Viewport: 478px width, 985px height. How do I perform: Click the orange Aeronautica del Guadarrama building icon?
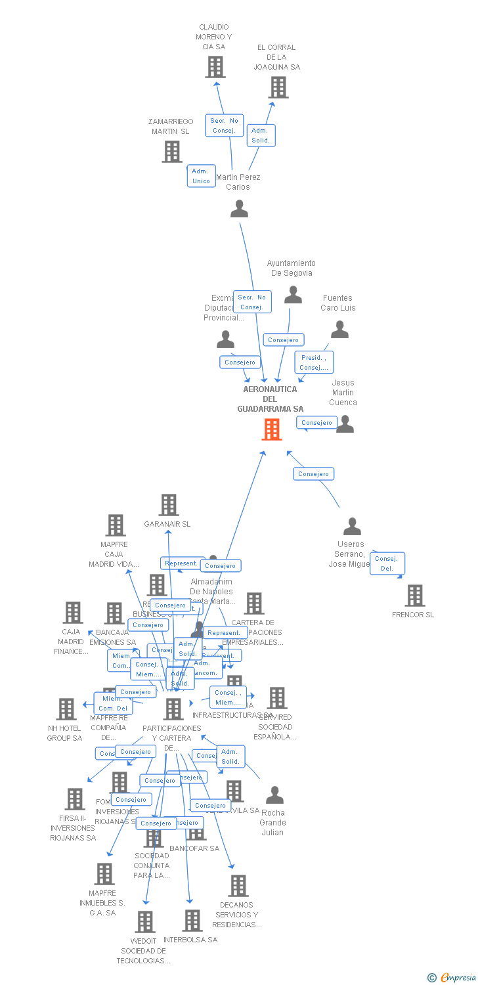(x=272, y=429)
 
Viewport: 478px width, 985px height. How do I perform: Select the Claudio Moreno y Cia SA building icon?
(x=215, y=67)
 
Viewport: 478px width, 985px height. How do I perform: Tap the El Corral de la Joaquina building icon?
(x=278, y=87)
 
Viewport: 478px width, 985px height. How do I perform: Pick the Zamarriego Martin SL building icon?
(x=172, y=152)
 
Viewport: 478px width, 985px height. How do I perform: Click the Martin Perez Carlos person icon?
(x=240, y=209)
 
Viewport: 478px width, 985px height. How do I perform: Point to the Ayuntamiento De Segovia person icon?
(x=293, y=295)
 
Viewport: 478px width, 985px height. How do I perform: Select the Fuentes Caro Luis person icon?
(x=339, y=330)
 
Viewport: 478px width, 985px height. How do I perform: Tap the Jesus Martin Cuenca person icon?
(x=345, y=424)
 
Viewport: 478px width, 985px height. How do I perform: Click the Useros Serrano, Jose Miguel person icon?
(x=353, y=527)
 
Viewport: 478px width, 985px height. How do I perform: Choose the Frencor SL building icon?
(x=414, y=596)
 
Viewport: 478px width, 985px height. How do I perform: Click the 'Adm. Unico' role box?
(x=201, y=176)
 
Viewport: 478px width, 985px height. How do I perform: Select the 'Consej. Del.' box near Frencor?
(x=387, y=563)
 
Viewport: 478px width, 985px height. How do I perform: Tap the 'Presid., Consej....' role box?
(x=314, y=362)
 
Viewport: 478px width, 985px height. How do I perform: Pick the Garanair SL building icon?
(x=169, y=505)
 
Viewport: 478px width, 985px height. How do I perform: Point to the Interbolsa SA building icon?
(x=192, y=921)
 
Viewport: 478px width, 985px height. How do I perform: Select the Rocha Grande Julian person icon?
(x=274, y=795)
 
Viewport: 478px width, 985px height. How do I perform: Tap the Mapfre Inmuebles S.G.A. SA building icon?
(x=104, y=874)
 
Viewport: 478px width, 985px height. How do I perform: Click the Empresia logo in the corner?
(x=452, y=978)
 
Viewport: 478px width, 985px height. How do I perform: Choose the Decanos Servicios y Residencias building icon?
(x=238, y=886)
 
